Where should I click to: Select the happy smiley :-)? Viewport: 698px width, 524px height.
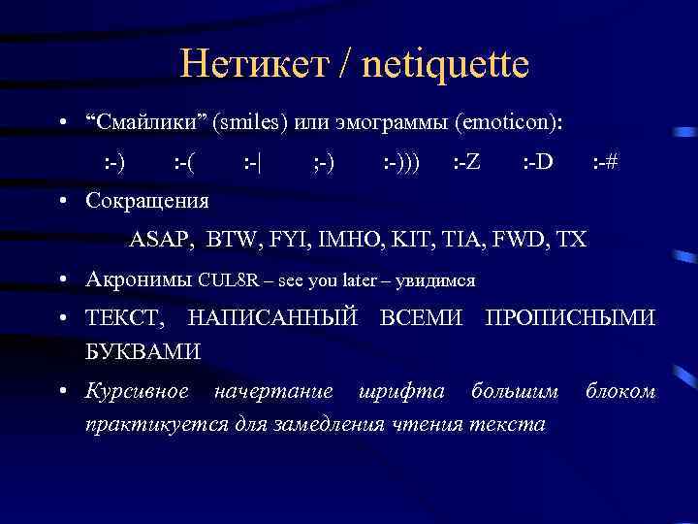(x=113, y=161)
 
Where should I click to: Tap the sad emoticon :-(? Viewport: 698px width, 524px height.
(x=182, y=161)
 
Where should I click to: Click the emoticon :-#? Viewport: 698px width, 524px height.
(x=606, y=161)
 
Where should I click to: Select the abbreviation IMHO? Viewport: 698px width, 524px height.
(x=333, y=239)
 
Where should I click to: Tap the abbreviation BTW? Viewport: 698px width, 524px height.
(x=233, y=239)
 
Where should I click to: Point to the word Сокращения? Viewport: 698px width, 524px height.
(x=146, y=201)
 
